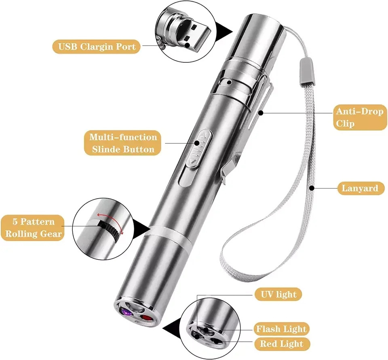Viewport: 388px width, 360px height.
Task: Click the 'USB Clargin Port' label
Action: coord(97,47)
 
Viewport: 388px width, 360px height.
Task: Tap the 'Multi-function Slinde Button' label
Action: coord(123,143)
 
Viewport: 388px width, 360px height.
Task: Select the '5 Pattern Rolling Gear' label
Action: coord(33,228)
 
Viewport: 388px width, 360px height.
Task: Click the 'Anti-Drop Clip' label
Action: coord(360,117)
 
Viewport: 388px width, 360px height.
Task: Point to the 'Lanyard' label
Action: coord(360,188)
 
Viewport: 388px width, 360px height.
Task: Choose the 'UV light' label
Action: coord(278,294)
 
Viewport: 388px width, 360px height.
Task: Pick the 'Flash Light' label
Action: coord(281,329)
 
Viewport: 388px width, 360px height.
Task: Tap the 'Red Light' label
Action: coord(282,344)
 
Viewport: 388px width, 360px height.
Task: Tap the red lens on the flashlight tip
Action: coord(145,318)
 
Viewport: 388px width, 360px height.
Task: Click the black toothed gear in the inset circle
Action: coord(110,229)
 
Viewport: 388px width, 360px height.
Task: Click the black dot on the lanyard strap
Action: coord(312,188)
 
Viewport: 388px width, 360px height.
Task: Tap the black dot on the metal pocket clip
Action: coord(260,113)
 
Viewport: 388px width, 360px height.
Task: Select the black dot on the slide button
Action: coord(197,143)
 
